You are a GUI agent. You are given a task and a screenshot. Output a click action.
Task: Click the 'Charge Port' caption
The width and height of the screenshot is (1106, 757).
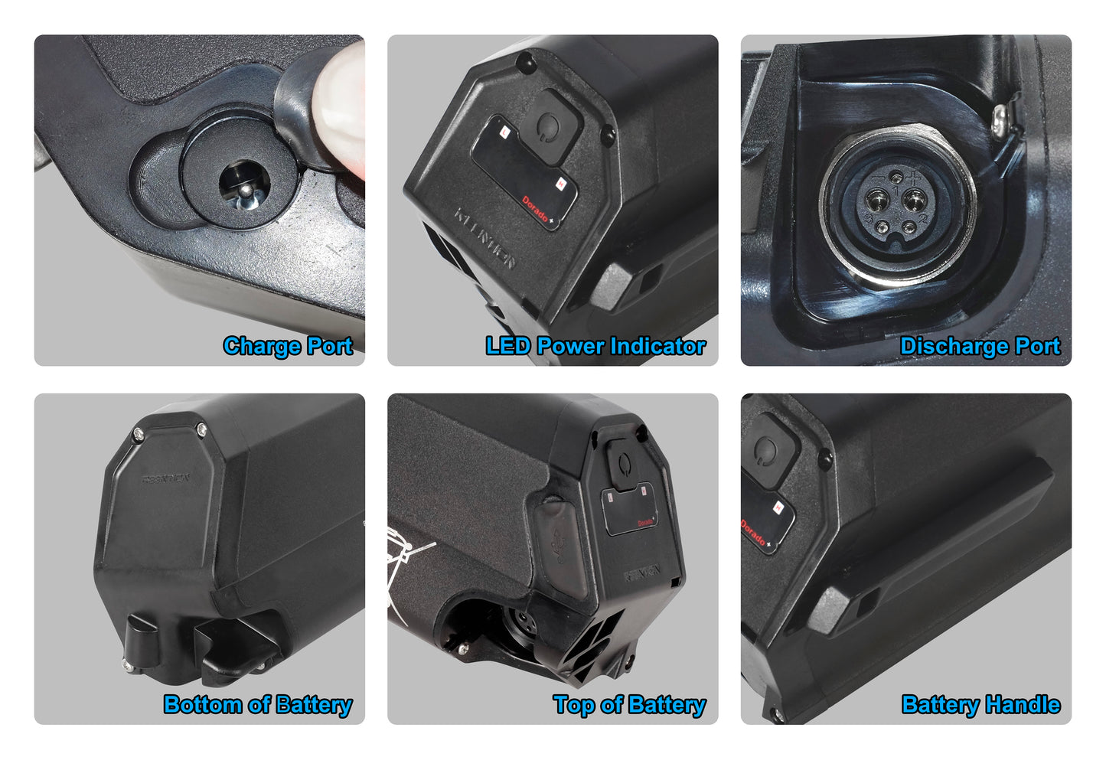coord(288,346)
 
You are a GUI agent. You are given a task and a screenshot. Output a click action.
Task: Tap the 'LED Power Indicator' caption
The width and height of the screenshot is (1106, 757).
coord(595,346)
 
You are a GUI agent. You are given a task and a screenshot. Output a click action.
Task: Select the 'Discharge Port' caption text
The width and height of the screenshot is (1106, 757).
coord(980,346)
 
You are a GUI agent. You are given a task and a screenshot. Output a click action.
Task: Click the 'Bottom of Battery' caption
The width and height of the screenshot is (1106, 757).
coord(258,704)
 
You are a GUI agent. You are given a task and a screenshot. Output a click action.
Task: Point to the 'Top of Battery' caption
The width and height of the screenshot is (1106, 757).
coord(629,704)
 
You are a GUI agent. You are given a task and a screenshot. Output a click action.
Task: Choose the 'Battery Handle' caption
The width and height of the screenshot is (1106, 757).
coord(980,704)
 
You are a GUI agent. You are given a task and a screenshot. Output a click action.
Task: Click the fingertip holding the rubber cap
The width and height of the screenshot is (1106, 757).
coord(342,107)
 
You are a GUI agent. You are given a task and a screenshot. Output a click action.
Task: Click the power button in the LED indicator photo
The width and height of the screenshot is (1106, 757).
coord(548,124)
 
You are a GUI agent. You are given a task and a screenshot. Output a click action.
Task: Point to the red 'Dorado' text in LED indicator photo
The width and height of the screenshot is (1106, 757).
coord(536,210)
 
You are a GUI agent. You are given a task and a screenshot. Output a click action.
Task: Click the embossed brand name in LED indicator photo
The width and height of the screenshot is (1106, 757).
coord(484,238)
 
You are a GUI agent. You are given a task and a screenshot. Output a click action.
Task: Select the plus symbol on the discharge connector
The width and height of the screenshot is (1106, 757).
coord(913,178)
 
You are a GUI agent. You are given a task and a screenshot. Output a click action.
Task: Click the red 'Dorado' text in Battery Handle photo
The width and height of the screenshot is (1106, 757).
coord(753,532)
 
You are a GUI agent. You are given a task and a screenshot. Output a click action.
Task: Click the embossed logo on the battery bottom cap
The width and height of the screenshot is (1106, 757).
coord(166,480)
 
